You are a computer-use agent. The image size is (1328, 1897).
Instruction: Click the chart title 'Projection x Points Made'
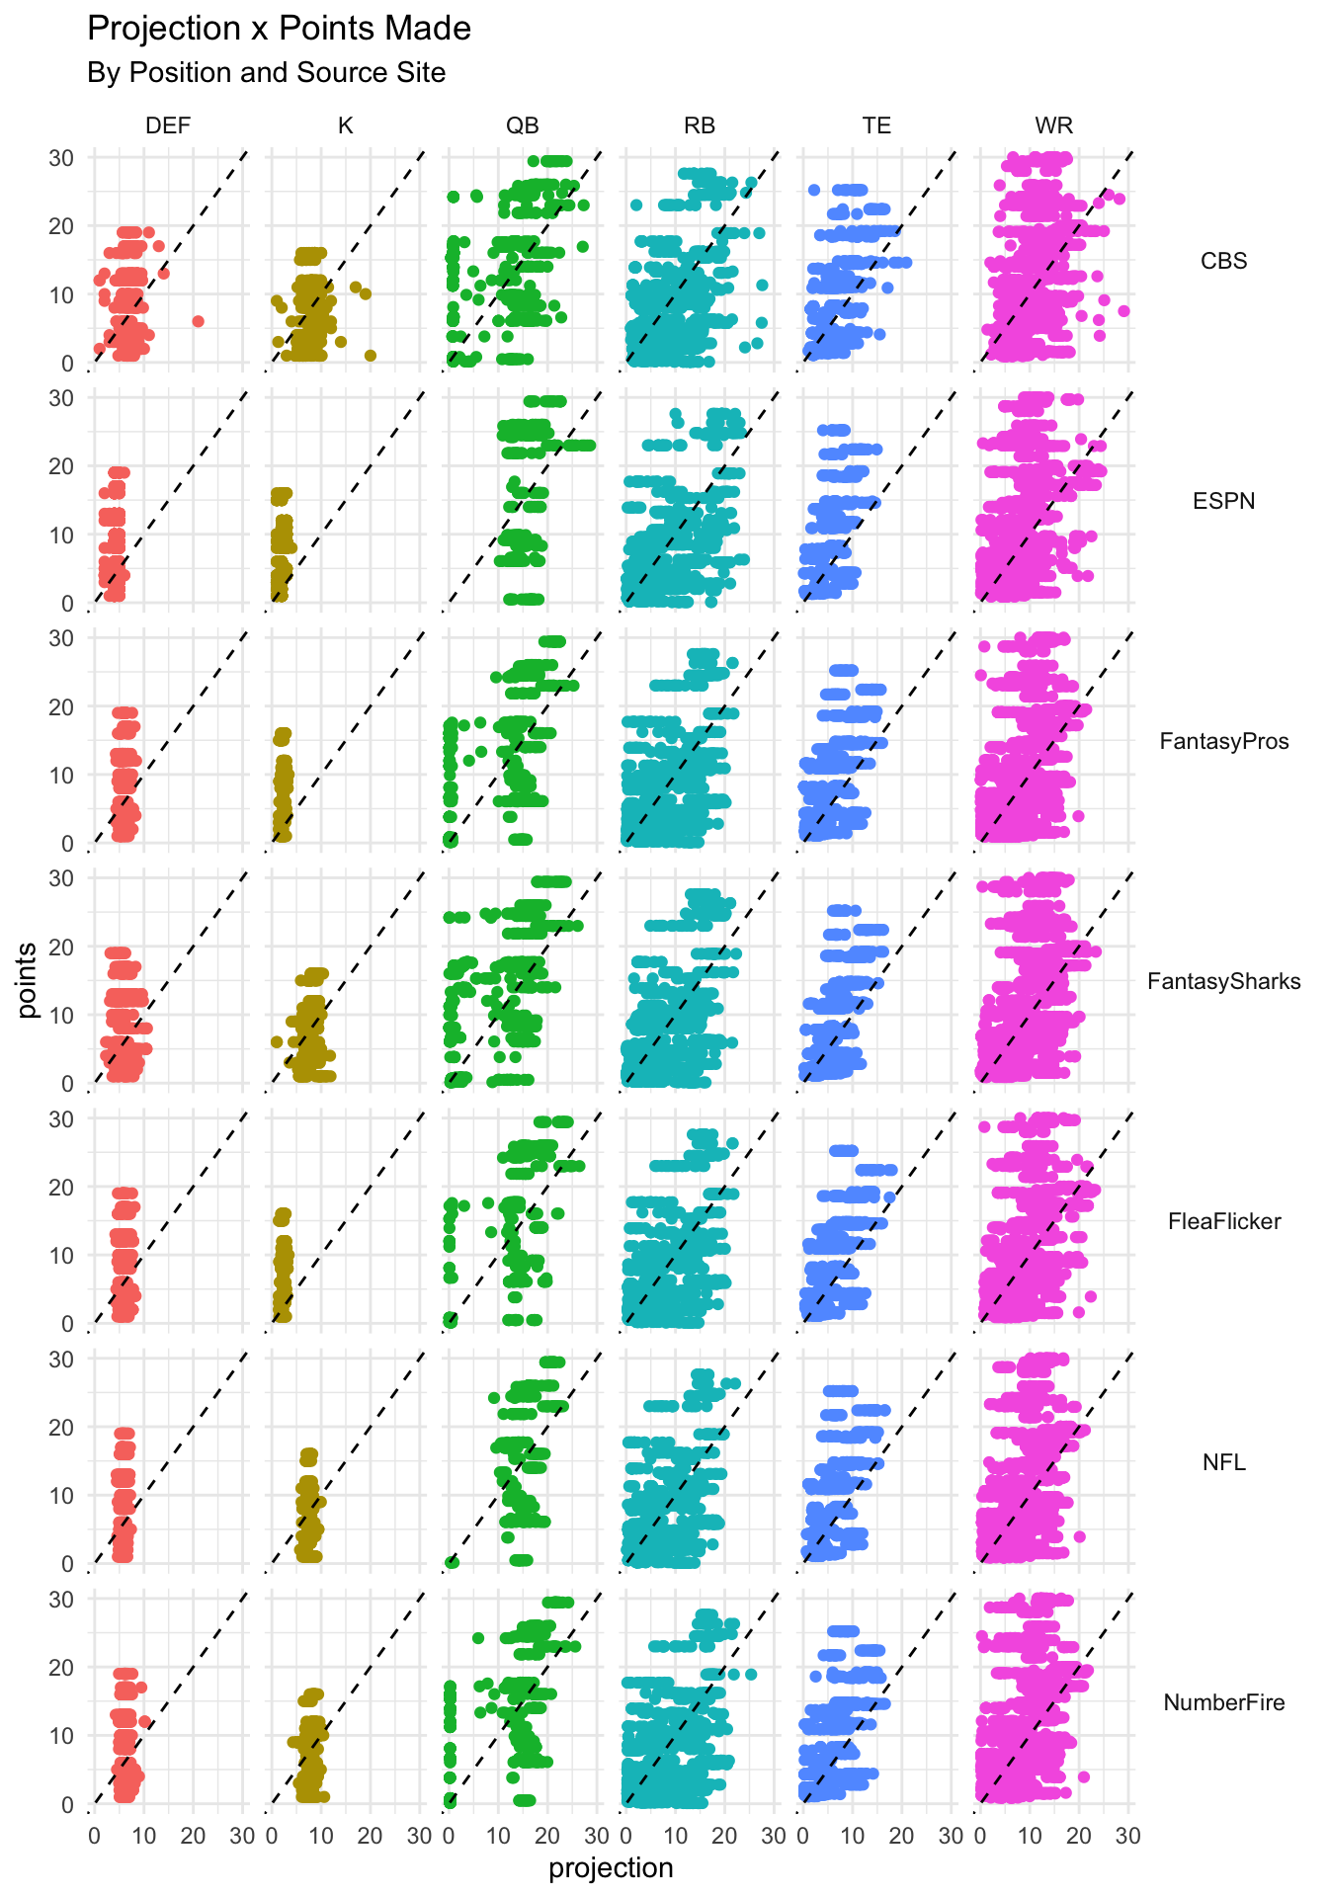pyautogui.click(x=279, y=29)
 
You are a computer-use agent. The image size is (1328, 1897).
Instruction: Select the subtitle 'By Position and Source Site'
pyautogui.click(x=266, y=73)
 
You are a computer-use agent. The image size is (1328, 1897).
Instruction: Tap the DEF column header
pyautogui.click(x=168, y=125)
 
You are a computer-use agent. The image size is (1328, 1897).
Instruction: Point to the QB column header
pyautogui.click(x=523, y=125)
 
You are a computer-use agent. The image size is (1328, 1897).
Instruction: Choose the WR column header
pyautogui.click(x=1053, y=125)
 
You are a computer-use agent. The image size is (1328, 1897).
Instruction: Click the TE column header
pyautogui.click(x=876, y=125)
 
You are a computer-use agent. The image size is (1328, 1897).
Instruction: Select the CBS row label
pyautogui.click(x=1223, y=261)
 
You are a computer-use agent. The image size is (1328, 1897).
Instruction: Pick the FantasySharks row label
pyautogui.click(x=1223, y=981)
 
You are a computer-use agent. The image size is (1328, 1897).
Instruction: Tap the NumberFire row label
pyautogui.click(x=1223, y=1702)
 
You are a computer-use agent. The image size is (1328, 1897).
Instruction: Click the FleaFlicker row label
pyautogui.click(x=1223, y=1221)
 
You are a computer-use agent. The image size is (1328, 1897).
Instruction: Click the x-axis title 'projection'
pyautogui.click(x=611, y=1868)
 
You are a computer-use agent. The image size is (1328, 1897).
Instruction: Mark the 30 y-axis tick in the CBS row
pyautogui.click(x=62, y=158)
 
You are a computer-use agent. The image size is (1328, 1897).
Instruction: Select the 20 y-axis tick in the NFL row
pyautogui.click(x=62, y=1428)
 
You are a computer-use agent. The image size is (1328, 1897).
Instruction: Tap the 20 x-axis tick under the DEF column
pyautogui.click(x=194, y=1837)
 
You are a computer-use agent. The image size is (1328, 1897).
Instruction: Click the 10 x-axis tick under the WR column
pyautogui.click(x=1029, y=1837)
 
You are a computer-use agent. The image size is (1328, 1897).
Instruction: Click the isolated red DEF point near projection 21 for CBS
pyautogui.click(x=198, y=321)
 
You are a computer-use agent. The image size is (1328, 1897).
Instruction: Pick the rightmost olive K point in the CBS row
pyautogui.click(x=371, y=356)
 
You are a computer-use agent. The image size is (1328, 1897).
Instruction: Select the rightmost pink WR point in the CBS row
pyautogui.click(x=1123, y=311)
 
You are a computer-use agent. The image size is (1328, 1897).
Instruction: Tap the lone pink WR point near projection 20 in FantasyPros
pyautogui.click(x=1079, y=816)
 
